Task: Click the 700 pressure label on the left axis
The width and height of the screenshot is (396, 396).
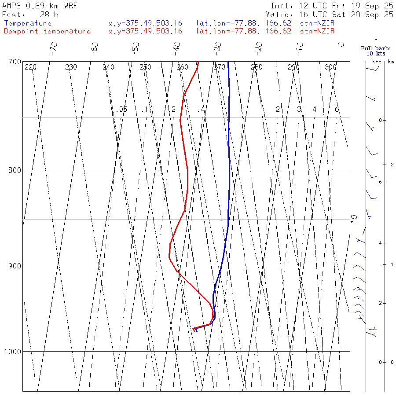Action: coord(15,62)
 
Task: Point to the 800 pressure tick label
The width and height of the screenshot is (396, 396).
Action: coord(15,170)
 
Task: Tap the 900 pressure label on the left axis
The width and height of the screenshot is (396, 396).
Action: coord(15,266)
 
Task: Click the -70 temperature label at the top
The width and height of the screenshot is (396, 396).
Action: coord(54,47)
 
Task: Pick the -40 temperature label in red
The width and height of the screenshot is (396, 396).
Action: coord(177,47)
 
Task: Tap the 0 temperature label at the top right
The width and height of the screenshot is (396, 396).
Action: coord(341,44)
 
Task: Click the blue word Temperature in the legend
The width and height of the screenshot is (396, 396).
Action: coord(28,23)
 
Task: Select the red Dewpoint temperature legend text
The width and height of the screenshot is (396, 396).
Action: coord(47,31)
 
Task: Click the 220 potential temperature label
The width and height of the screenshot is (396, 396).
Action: coord(30,67)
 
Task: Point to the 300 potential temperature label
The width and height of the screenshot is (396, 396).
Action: coord(330,67)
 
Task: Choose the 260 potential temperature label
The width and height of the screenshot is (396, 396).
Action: coord(182,67)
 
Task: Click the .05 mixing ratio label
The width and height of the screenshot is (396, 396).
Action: coord(122,109)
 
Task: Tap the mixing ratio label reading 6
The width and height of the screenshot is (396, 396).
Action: coord(337,109)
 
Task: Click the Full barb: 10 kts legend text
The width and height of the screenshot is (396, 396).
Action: coord(373,51)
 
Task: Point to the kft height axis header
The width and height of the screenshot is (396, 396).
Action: coord(377,62)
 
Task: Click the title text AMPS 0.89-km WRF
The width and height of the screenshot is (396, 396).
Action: coord(40,6)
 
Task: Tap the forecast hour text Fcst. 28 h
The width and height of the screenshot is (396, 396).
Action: coord(27,14)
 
